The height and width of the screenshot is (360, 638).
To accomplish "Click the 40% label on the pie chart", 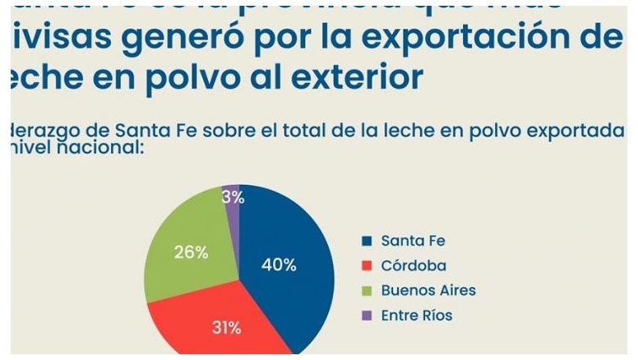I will pyautogui.click(x=278, y=265).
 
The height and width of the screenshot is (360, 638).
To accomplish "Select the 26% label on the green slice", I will pyautogui.click(x=190, y=252).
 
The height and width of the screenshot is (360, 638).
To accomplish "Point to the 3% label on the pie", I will pyautogui.click(x=231, y=196).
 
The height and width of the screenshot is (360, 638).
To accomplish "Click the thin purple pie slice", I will pyautogui.click(x=233, y=205).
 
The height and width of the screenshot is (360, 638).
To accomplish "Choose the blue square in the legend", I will pyautogui.click(x=367, y=241).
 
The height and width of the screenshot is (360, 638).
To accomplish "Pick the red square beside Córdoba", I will pyautogui.click(x=367, y=265).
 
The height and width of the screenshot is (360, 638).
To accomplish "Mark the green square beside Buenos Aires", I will pyautogui.click(x=367, y=290).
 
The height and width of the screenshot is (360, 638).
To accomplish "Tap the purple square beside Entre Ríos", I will pyautogui.click(x=367, y=315).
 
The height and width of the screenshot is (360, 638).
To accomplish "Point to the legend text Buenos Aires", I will pyautogui.click(x=428, y=290).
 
